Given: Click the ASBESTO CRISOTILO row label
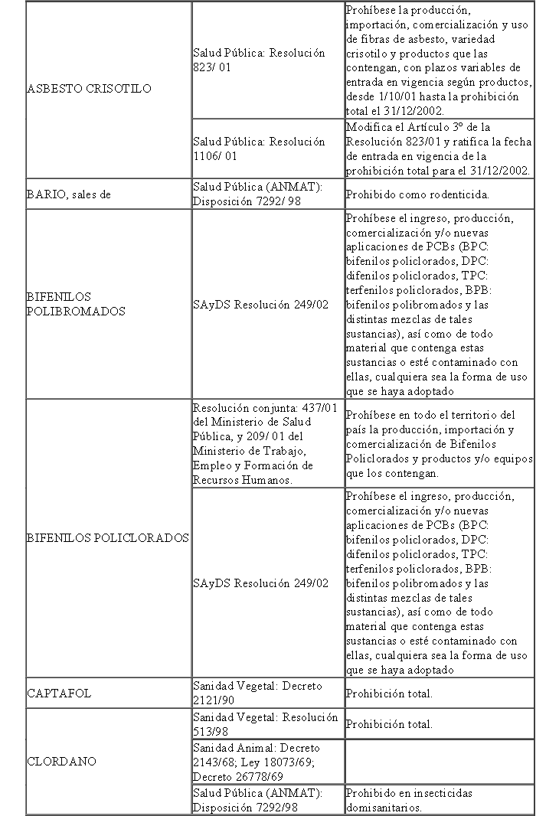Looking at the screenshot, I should pyautogui.click(x=89, y=89).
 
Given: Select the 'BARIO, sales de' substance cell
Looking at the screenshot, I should pyautogui.click(x=69, y=194).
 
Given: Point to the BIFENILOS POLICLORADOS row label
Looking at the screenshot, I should pyautogui.click(x=107, y=538).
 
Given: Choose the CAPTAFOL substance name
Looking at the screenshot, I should pyautogui.click(x=59, y=694).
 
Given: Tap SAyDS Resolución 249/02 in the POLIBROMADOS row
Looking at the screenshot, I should pyautogui.click(x=261, y=305).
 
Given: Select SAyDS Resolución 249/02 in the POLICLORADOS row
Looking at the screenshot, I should pyautogui.click(x=261, y=583).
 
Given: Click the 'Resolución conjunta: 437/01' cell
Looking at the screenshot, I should pyautogui.click(x=265, y=407).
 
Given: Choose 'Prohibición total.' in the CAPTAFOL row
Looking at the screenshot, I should pyautogui.click(x=389, y=694).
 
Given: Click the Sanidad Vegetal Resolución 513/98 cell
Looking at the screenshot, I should pyautogui.click(x=265, y=723).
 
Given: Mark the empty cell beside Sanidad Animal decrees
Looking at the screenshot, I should pyautogui.click(x=440, y=762).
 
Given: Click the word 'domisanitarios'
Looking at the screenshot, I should pyautogui.click(x=383, y=807).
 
